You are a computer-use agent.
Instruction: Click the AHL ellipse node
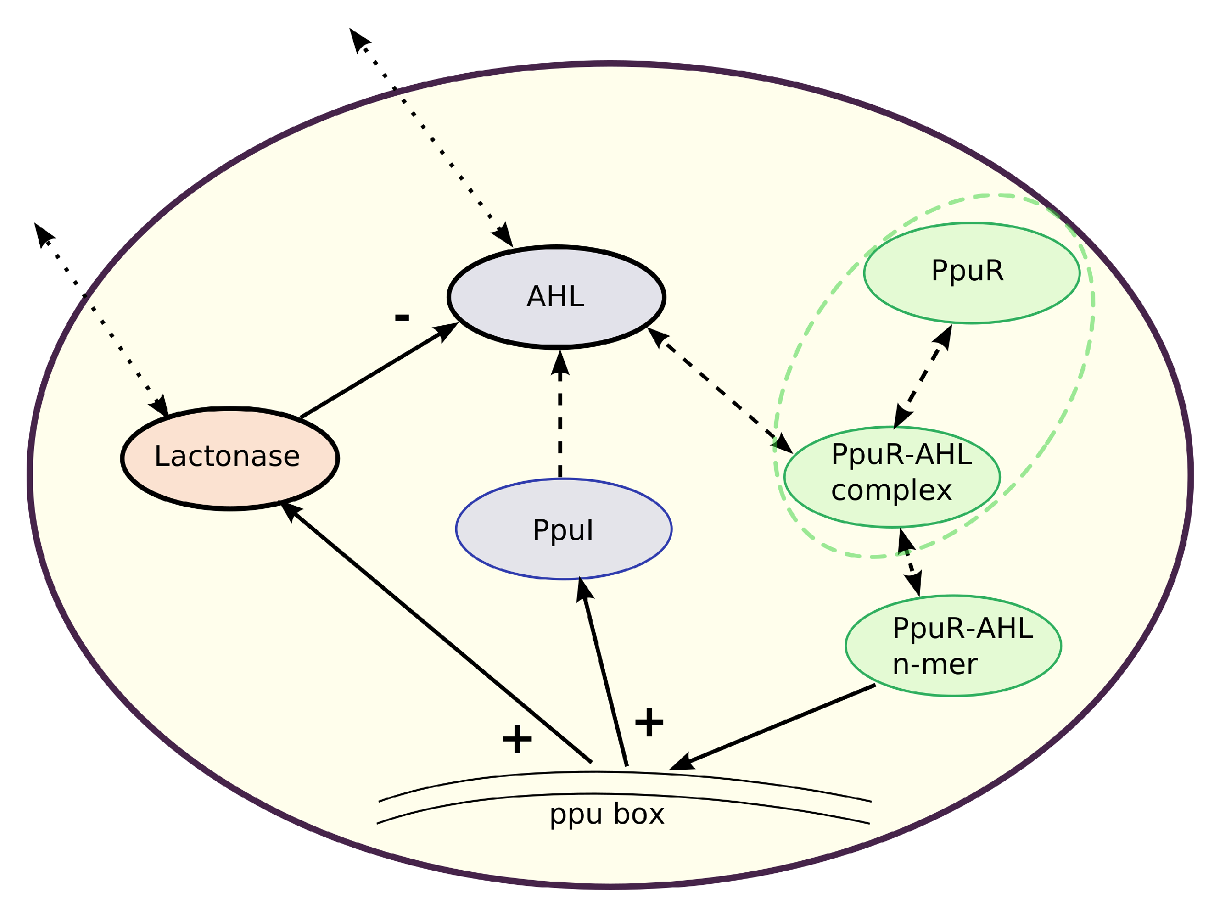(556, 297)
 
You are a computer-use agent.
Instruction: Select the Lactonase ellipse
(230, 459)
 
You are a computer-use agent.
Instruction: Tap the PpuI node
(563, 529)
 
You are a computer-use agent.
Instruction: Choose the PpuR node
(971, 273)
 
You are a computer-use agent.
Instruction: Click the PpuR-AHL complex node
(891, 476)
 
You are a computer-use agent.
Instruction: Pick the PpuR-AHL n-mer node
(953, 646)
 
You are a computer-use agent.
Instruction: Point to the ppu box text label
(607, 814)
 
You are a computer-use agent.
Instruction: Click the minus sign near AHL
(402, 318)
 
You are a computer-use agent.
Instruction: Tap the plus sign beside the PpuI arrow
(649, 722)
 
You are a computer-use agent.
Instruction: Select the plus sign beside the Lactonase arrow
(517, 739)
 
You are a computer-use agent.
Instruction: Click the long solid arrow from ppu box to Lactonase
(438, 633)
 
